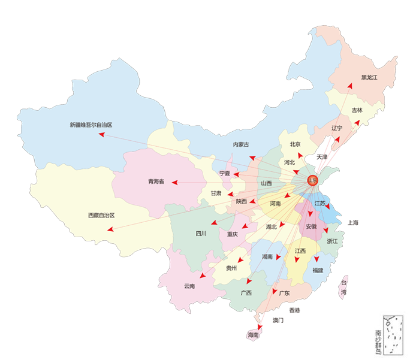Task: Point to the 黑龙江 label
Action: coord(370,77)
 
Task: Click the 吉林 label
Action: coord(357,110)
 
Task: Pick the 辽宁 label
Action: coord(336,128)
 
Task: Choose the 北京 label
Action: coord(295,144)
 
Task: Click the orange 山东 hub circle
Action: coord(311,180)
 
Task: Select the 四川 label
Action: coord(201,234)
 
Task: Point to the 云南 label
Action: coord(189,286)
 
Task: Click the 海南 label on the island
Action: coord(253,335)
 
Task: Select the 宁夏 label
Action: coord(225,173)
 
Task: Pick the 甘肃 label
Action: coord(216,193)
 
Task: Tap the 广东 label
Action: coord(284,293)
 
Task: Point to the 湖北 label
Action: coord(271,226)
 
